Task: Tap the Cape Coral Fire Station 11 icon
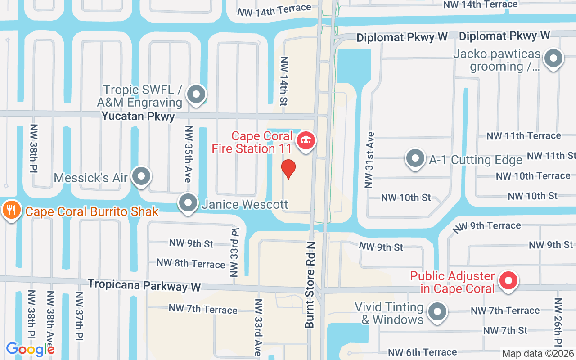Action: pos(306,141)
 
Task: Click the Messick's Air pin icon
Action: pos(142,176)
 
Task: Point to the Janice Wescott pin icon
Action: pos(188,203)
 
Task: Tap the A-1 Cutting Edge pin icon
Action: pos(415,158)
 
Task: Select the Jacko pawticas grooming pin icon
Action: pos(553,58)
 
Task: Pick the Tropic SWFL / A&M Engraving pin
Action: pos(196,94)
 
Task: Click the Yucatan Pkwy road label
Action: pos(138,116)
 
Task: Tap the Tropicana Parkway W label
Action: pos(144,285)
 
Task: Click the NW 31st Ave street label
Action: pos(370,160)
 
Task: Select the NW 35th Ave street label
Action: pos(189,154)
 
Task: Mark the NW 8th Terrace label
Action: pos(191,263)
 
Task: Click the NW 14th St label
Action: pos(284,81)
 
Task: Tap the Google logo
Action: pos(30,349)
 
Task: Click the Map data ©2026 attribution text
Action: pos(538,354)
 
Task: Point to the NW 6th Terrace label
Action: pos(423,352)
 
